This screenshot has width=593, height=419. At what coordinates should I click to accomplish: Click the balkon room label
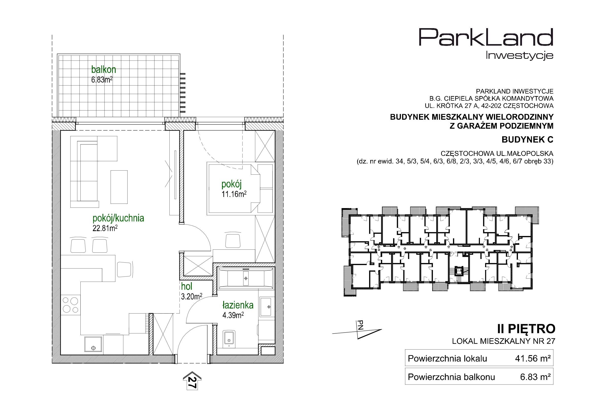(103, 70)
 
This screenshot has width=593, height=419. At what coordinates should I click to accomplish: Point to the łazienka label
(238, 305)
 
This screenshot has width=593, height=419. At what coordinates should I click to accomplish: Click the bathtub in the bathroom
(246, 278)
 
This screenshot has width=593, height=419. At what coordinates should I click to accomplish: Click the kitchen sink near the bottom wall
(93, 345)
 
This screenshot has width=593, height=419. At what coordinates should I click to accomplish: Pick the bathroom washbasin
(266, 307)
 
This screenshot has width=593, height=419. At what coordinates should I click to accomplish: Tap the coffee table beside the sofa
(119, 187)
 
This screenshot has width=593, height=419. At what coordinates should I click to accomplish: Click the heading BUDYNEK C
(527, 140)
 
